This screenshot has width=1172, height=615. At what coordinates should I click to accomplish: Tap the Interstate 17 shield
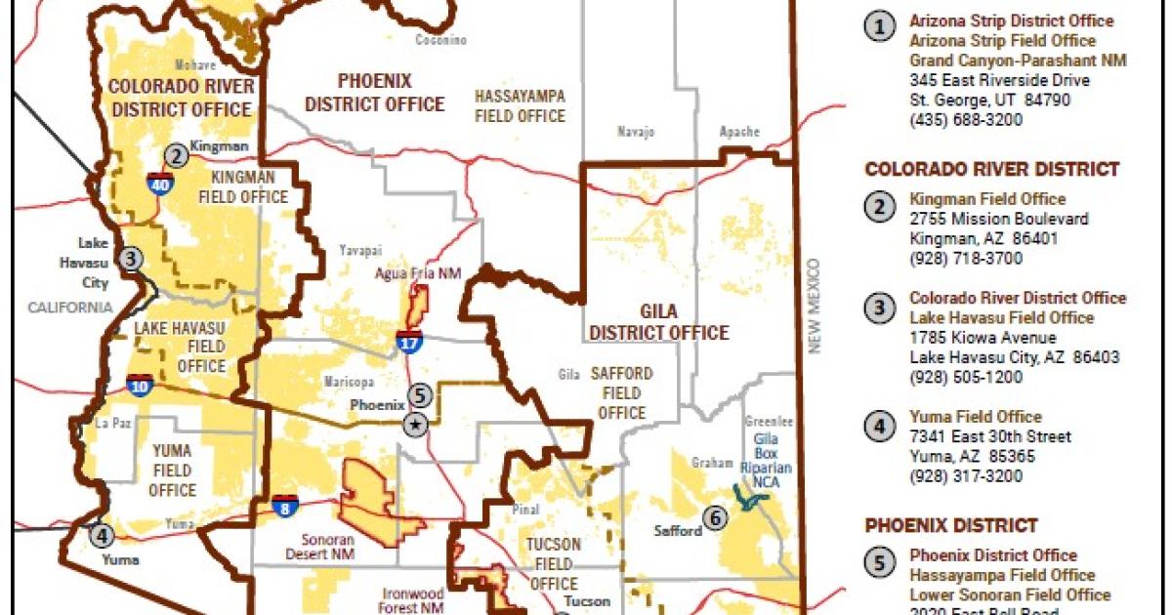point(409,342)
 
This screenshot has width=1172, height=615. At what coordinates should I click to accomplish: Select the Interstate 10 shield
point(139,385)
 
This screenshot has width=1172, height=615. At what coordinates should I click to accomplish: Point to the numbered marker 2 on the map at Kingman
point(176,154)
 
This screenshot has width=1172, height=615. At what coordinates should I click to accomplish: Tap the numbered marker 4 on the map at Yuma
point(100,534)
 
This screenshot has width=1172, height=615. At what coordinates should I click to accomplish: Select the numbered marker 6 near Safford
point(715,518)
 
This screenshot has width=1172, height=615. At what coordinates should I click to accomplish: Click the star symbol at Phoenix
point(416,424)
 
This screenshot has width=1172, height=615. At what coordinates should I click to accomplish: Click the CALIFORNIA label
point(70,307)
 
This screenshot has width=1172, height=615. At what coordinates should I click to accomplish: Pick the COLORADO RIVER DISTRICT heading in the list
point(991,170)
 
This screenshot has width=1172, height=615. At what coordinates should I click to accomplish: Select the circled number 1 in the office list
point(879,27)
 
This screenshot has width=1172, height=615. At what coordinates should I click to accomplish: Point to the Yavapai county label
point(357,250)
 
